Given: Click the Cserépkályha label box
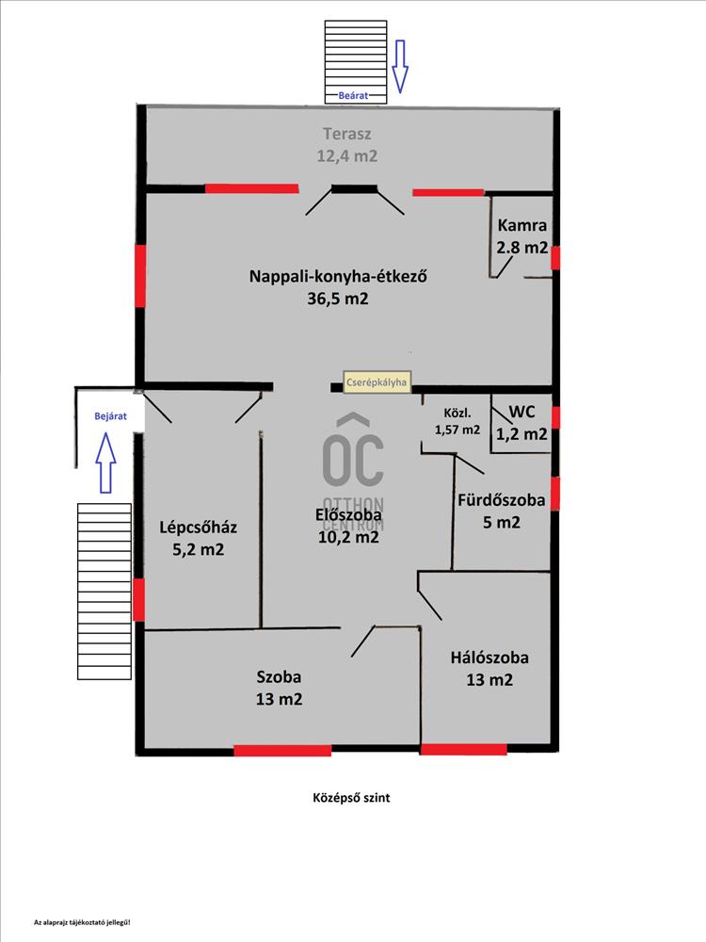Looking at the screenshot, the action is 377,382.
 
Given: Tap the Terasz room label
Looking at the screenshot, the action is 347,134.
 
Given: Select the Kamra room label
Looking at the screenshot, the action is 522,225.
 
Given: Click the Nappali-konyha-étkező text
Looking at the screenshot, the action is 338,276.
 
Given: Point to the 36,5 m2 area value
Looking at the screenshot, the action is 338,299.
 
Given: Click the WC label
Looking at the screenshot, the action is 521,413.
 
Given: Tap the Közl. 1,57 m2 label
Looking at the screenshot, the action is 457,421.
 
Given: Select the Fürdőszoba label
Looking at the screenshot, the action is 502,500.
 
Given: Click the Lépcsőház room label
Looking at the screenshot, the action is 198,528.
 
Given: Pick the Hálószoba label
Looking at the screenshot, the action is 489,658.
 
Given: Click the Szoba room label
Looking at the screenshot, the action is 280,677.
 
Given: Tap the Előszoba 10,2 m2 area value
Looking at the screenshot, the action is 349,537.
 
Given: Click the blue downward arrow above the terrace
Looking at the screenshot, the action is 400,66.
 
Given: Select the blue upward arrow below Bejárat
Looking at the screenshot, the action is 105,463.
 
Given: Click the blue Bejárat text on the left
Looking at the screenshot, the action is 110,415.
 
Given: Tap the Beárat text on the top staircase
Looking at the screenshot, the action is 353,95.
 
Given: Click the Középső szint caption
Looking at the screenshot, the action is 351,798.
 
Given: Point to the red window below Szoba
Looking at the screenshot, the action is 282,751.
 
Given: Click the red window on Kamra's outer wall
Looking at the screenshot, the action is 555,258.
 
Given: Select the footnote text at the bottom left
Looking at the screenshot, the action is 82,922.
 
